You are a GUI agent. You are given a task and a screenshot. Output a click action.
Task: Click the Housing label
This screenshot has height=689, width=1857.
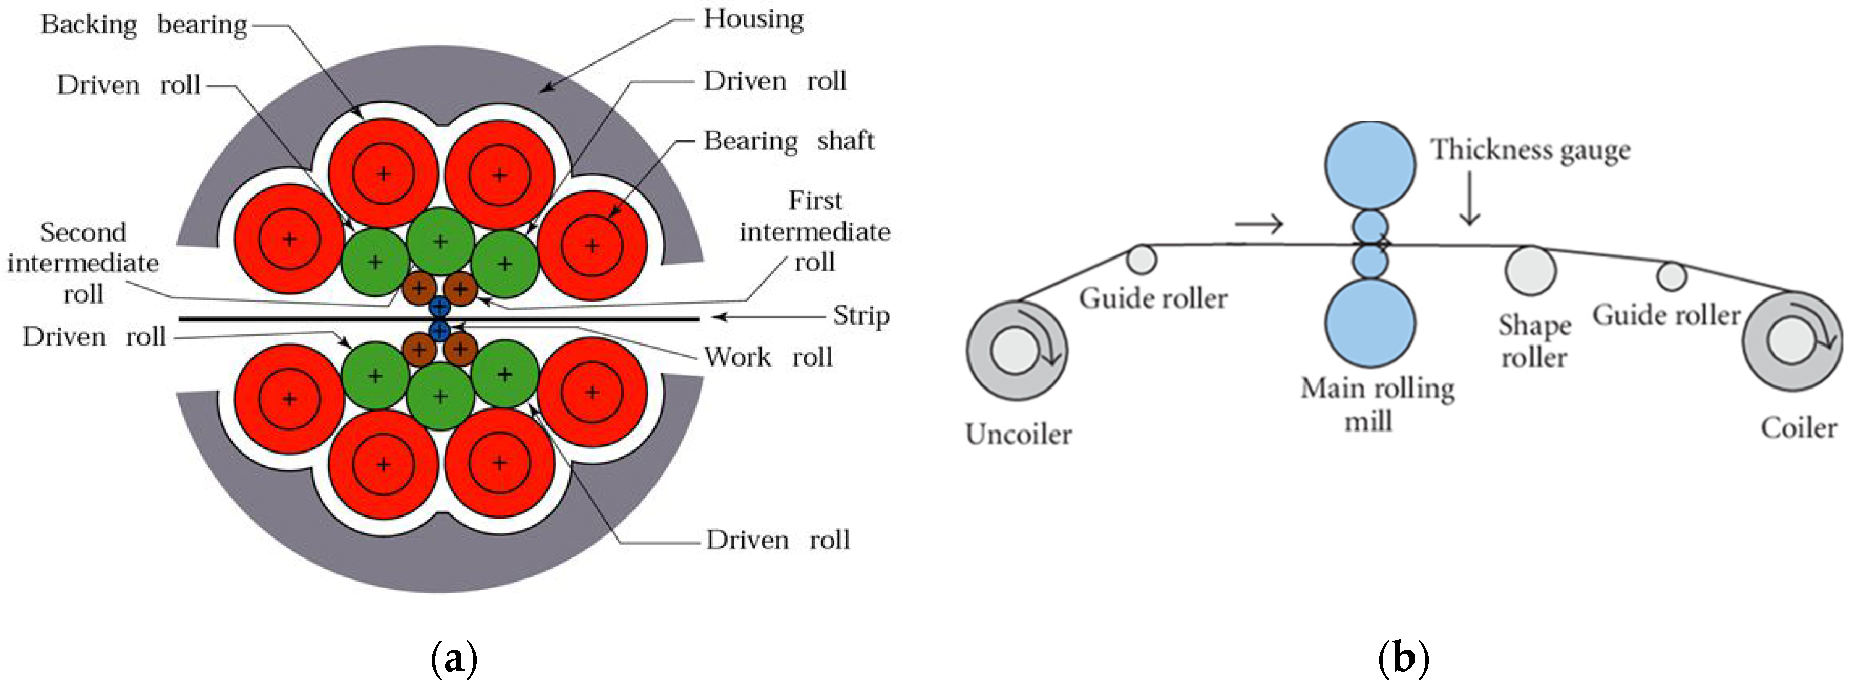(x=753, y=19)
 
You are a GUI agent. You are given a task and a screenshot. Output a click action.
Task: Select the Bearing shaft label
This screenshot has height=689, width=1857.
(x=788, y=141)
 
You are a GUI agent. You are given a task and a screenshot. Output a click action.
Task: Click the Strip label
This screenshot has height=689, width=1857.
(x=861, y=316)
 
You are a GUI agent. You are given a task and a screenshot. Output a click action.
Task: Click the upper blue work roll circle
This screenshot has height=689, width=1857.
(x=439, y=306)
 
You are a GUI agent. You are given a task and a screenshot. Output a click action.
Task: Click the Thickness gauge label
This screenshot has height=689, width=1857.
(x=1530, y=150)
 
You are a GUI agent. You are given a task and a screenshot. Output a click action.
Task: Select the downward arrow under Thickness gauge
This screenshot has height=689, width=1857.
(x=1469, y=198)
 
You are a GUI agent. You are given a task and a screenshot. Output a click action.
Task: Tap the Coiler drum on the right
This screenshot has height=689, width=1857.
(x=1792, y=341)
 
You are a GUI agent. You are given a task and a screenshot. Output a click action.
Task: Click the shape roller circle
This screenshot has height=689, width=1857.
(x=1530, y=271)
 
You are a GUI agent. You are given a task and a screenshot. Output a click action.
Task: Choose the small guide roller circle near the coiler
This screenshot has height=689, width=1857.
(x=1671, y=276)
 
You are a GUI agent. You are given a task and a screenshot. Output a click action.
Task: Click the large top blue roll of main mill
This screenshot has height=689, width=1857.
(x=1369, y=165)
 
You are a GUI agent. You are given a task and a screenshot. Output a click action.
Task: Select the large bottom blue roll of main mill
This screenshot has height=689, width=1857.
(x=1369, y=323)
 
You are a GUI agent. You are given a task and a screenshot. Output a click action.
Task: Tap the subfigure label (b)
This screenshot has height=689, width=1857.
(x=1403, y=658)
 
